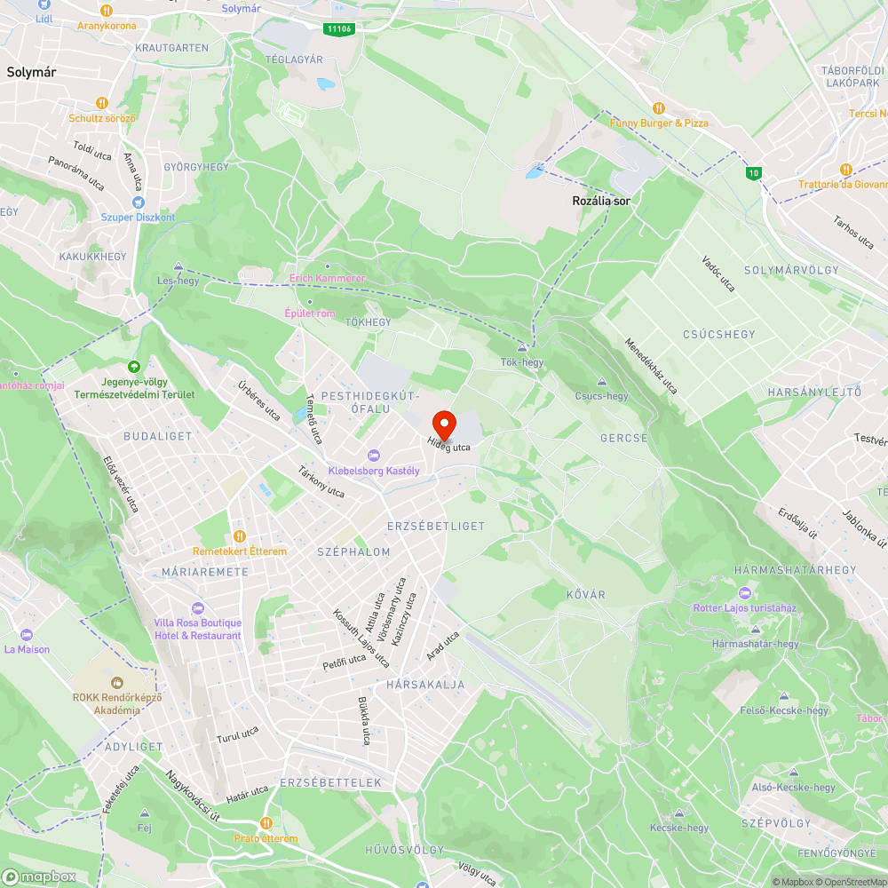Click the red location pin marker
coord(444,424)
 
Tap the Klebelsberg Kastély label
coord(374,471)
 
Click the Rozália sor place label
coord(601,202)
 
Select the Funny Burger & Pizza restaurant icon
coord(659,108)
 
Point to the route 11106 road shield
coord(338,29)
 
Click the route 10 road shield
coord(754,171)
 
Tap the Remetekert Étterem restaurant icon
coord(239,536)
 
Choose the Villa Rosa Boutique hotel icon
coord(197,608)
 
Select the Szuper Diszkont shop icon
coord(138,202)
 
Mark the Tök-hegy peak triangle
coord(521,348)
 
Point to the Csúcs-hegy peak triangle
coord(601,382)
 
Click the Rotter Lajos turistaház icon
coord(744,593)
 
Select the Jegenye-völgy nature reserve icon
coord(134,366)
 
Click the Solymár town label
coord(31,74)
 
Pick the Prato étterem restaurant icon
coord(266,823)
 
